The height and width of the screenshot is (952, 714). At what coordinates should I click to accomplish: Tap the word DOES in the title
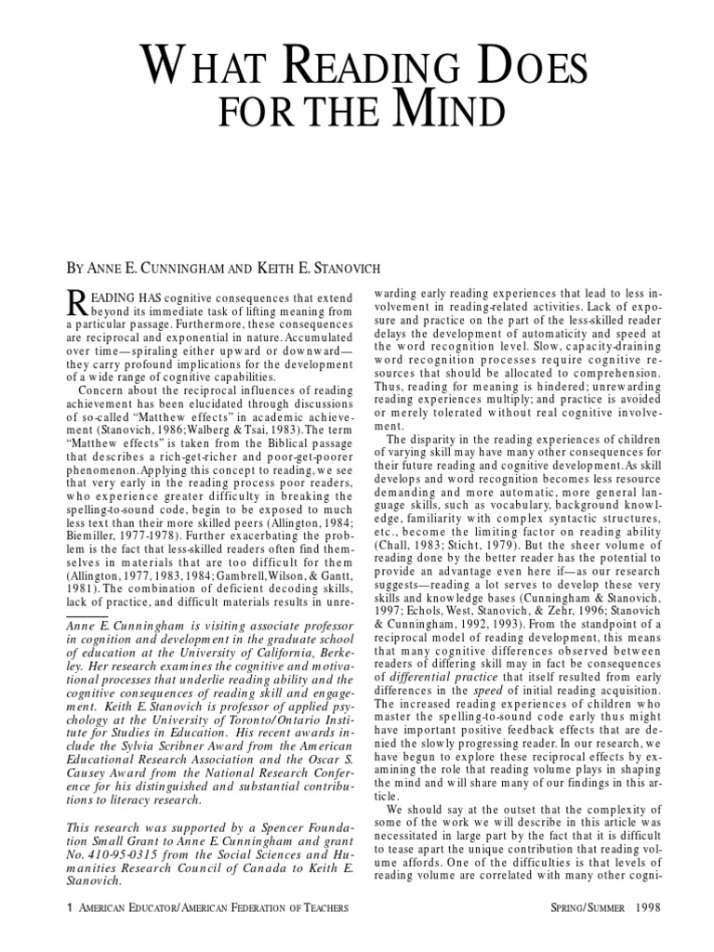tap(525, 70)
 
